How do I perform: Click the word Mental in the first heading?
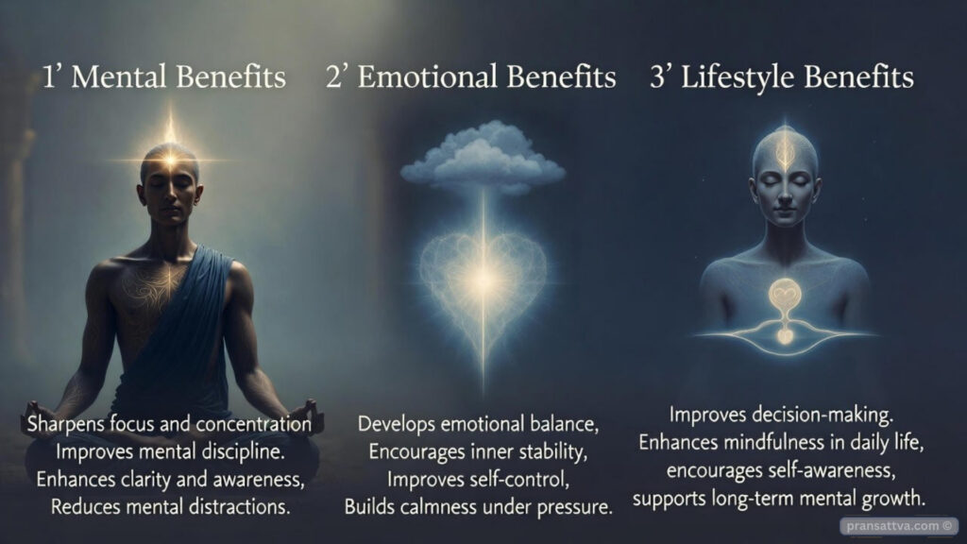click(x=118, y=77)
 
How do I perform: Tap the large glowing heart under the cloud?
click(x=483, y=275)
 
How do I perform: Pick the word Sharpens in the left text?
click(x=65, y=424)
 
